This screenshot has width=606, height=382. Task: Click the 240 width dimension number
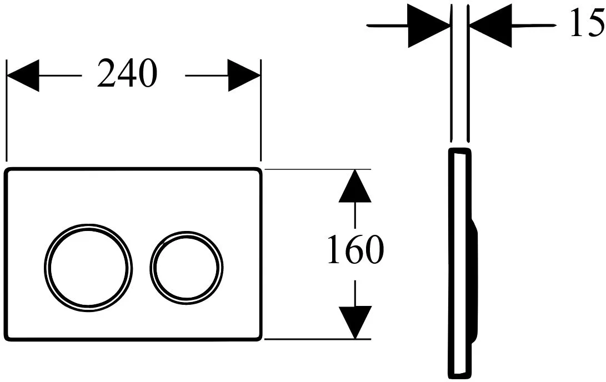pyautogui.click(x=127, y=73)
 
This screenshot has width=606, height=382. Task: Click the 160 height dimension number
pyautogui.click(x=355, y=249)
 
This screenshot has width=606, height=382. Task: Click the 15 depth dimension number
pyautogui.click(x=588, y=23)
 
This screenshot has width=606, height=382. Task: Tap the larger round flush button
pyautogui.click(x=88, y=268)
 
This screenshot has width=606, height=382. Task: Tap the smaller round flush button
pyautogui.click(x=187, y=268)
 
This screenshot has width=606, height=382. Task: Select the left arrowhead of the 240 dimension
pyautogui.click(x=23, y=76)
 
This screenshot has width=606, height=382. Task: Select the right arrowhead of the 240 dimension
pyautogui.click(x=244, y=76)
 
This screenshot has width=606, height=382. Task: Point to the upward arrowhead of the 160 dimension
pyautogui.click(x=355, y=186)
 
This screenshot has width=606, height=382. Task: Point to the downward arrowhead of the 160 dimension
pyautogui.click(x=355, y=323)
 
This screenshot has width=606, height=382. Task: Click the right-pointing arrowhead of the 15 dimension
pyautogui.click(x=429, y=26)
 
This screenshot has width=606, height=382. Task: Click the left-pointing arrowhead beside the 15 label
pyautogui.click(x=490, y=26)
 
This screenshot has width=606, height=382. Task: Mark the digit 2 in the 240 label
pyautogui.click(x=107, y=73)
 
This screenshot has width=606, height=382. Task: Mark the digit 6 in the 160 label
pyautogui.click(x=355, y=249)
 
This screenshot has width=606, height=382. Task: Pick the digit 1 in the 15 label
pyautogui.click(x=578, y=23)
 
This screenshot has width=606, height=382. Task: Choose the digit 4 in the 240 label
pyautogui.click(x=127, y=73)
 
